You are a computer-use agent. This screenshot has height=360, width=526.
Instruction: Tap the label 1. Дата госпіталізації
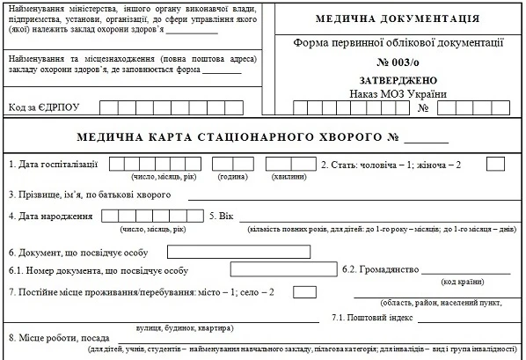pos(52,164)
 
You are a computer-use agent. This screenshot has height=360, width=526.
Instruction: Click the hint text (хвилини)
pos(290,176)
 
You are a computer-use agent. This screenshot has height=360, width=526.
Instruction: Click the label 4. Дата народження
pos(49,217)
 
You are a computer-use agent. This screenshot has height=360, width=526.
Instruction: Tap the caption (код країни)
pos(461,281)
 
